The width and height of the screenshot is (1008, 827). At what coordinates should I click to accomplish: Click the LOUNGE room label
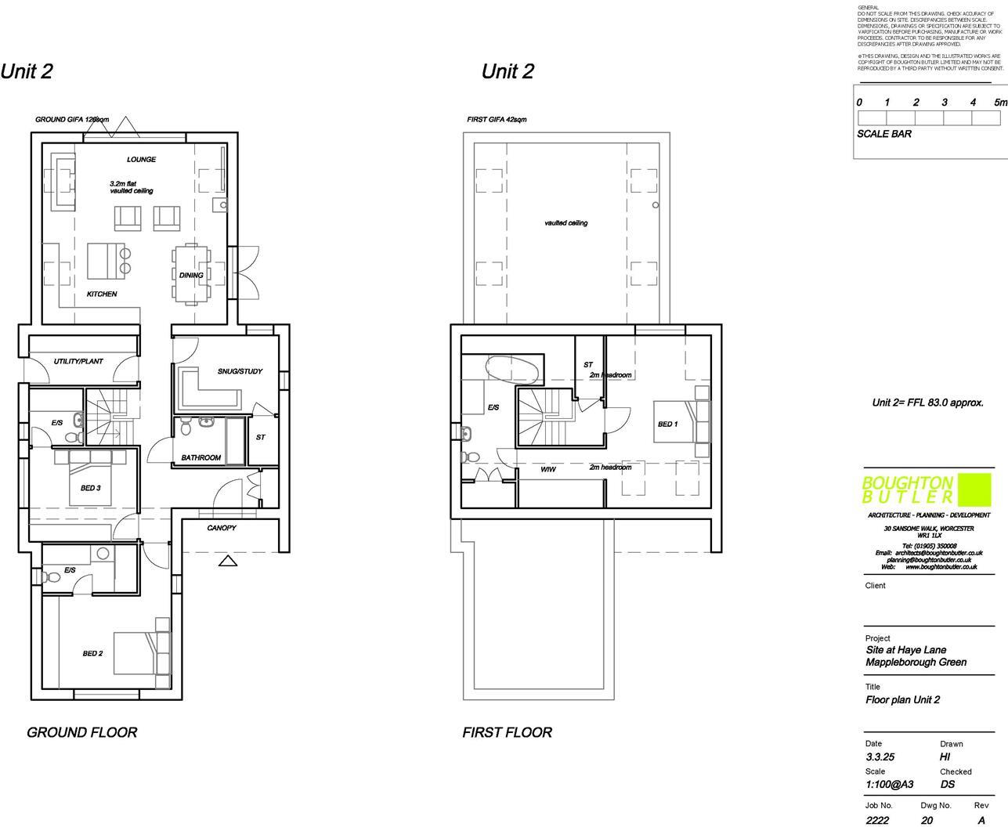[x=141, y=160]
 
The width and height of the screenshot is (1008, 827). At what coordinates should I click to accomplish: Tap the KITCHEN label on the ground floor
[x=102, y=294]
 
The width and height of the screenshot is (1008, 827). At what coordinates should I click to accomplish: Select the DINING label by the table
[x=190, y=276]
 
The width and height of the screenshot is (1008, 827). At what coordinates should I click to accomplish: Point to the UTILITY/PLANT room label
[x=78, y=362]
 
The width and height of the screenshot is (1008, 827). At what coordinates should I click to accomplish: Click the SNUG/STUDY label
[x=240, y=371]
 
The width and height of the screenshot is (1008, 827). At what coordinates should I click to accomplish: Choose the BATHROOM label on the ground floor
[x=201, y=457]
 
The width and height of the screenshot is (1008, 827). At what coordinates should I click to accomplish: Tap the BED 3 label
[x=90, y=488]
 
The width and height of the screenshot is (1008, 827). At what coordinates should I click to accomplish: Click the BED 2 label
[x=92, y=653]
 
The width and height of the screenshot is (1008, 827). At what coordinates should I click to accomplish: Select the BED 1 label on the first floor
[x=667, y=424]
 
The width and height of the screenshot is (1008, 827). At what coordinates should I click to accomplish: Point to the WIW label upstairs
[x=548, y=470]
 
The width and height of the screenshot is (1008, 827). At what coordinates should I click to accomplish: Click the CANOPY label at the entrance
[x=222, y=528]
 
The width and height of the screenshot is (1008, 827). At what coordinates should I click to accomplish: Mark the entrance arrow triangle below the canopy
[x=227, y=561]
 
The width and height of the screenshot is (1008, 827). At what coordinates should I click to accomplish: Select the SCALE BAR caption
[x=883, y=134]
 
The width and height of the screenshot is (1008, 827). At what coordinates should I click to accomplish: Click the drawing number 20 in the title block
[x=927, y=821]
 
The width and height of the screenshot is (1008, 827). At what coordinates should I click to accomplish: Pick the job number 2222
[x=877, y=821]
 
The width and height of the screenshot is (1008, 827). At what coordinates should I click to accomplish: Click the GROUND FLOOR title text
[x=82, y=732]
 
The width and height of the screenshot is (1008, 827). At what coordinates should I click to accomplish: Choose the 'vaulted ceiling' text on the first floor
[x=565, y=223]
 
